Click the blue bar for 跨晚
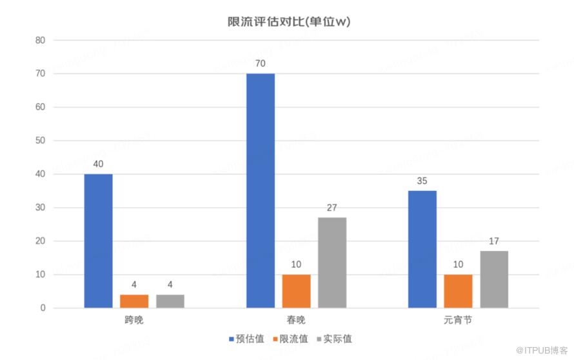coord(98,241)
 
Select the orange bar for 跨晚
coord(134,301)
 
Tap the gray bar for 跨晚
coord(170,301)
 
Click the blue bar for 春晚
coord(260,190)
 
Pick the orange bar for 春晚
coord(296,291)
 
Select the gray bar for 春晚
coord(332,263)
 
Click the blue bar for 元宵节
coord(422,249)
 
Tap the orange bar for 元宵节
coord(458,291)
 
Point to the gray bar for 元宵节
coord(494,279)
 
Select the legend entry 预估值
coord(246,339)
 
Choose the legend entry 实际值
coord(333,339)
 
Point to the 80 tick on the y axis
coord(40,40)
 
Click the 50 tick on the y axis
coord(40,141)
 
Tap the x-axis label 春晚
coord(296,320)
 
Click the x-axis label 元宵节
coord(458,320)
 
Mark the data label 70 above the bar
coord(260,63)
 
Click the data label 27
coord(332,207)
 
